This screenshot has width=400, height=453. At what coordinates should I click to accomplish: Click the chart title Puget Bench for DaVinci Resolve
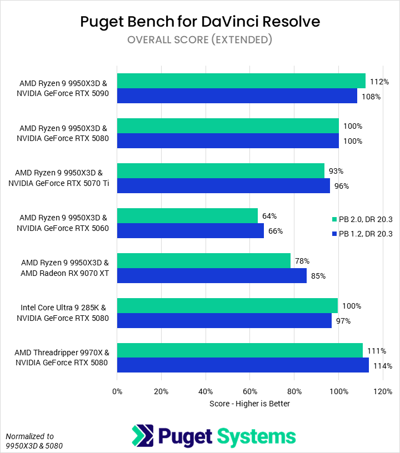(200, 22)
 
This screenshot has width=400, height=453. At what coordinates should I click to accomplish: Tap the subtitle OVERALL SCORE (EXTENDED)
(200, 39)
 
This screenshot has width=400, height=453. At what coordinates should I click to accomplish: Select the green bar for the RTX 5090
(241, 80)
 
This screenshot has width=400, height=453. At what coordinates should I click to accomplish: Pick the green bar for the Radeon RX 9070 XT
(204, 260)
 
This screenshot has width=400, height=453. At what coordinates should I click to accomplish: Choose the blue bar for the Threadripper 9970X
(243, 365)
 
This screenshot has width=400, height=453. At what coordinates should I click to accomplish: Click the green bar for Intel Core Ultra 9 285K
(228, 305)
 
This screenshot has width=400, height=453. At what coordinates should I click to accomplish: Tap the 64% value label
(269, 216)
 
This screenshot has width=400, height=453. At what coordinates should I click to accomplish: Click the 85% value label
(318, 275)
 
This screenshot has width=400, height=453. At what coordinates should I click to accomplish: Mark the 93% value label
(336, 171)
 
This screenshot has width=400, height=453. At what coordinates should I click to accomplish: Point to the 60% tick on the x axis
(250, 391)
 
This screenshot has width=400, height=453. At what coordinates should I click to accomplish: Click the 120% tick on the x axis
(383, 391)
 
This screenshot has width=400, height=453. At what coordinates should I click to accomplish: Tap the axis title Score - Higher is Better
(249, 404)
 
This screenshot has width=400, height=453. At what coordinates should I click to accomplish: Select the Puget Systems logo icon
(142, 436)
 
